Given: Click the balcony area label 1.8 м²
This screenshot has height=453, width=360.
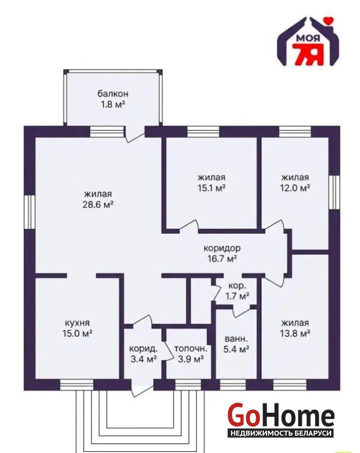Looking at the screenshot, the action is (113, 104).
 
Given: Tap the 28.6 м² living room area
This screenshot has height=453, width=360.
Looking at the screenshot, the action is (98, 205).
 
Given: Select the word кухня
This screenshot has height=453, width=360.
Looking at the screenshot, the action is (77, 323).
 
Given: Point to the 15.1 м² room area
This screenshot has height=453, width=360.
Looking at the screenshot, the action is (212, 188).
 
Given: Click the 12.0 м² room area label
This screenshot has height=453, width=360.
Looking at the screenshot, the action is (295, 188).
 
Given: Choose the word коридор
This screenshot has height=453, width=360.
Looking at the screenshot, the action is (222, 248).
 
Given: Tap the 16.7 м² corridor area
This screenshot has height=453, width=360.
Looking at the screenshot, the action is (222, 258).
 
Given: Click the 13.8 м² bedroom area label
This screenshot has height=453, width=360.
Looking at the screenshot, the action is (295, 334).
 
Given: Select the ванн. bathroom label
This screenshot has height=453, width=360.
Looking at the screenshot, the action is (236, 338).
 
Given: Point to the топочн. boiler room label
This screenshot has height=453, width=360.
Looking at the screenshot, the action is (191, 349).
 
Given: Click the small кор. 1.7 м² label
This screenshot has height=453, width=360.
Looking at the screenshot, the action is (237, 291).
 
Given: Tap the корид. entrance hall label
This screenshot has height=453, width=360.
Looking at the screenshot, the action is (143, 349).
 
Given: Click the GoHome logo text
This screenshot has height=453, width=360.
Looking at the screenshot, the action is (281, 415).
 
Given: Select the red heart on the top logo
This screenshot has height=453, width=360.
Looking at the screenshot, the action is (328, 20).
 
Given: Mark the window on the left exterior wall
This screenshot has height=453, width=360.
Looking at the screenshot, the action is (29, 212).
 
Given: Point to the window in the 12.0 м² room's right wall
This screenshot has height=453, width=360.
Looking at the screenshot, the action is (335, 192).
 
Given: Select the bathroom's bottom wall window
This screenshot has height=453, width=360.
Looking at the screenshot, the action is (233, 385).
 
